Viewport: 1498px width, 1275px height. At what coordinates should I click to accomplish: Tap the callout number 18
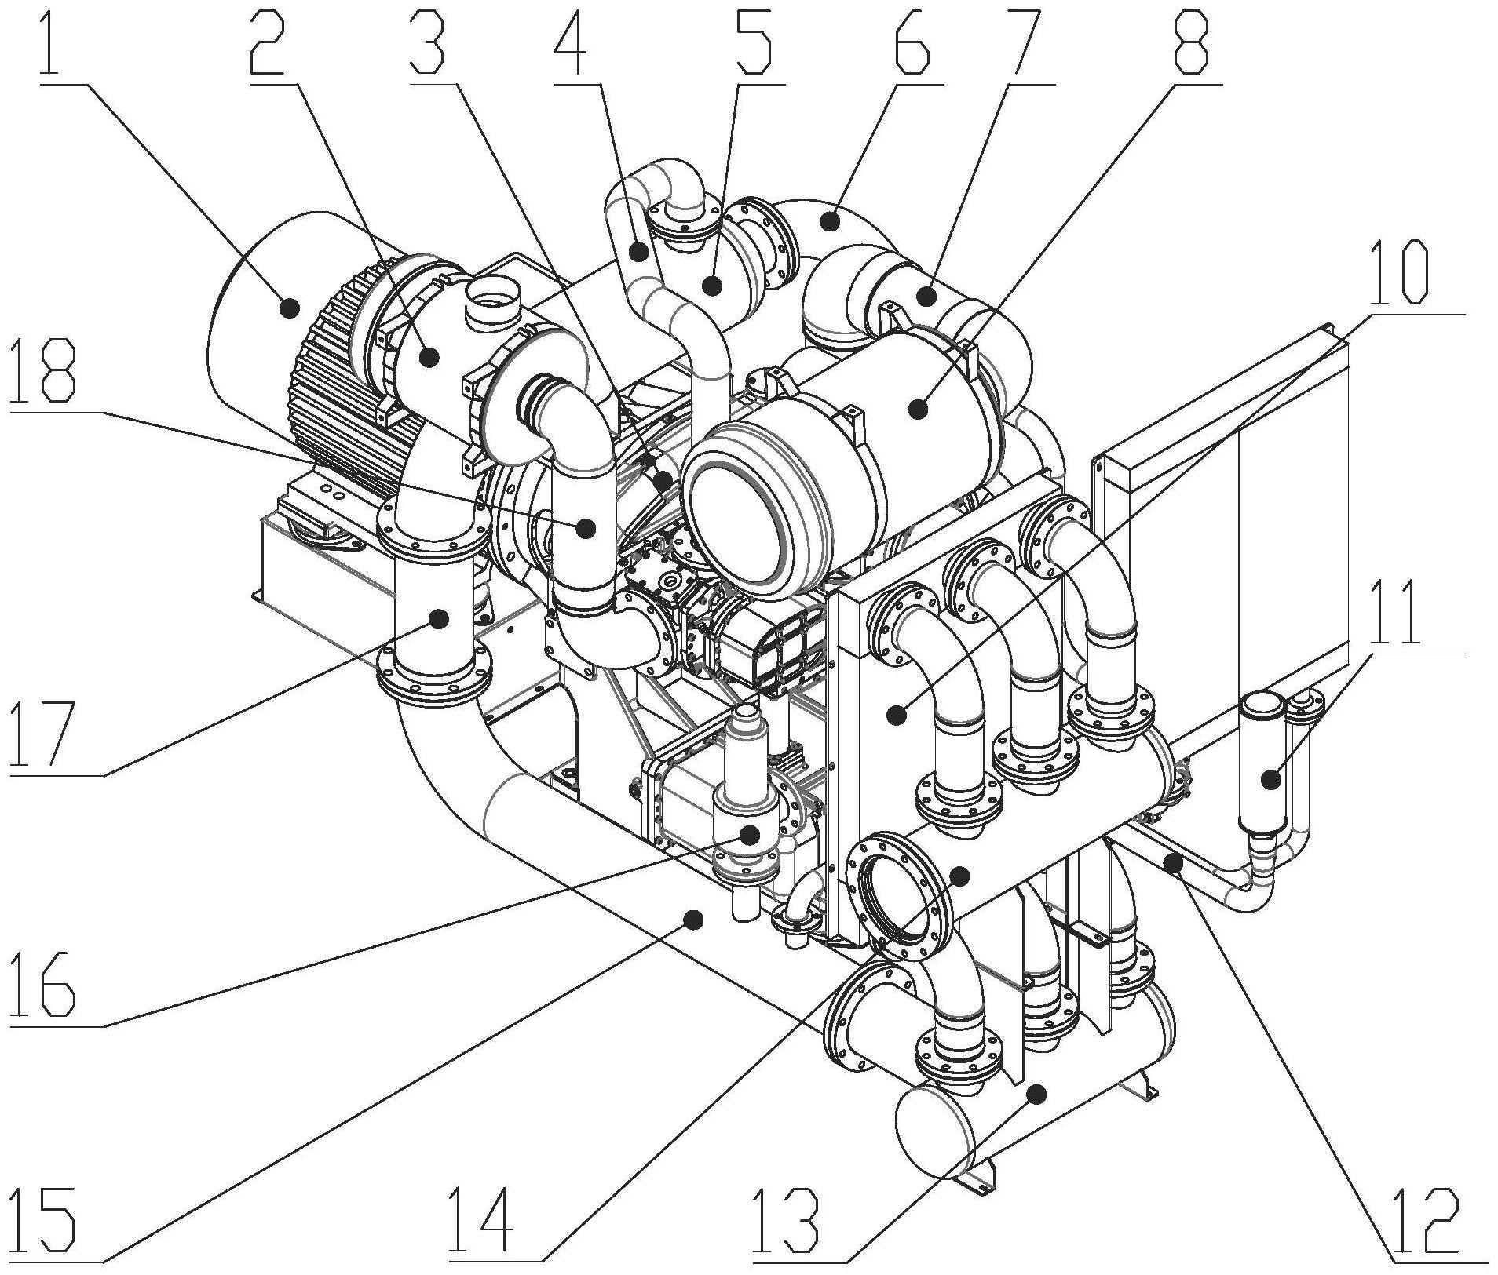tap(46, 373)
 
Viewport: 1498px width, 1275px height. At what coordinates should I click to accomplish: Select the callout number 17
tap(44, 732)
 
